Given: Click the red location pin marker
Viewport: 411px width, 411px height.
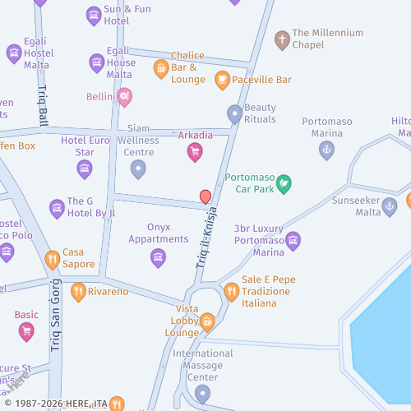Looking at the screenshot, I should (205, 196).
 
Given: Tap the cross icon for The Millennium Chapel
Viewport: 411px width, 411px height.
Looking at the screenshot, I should (282, 39).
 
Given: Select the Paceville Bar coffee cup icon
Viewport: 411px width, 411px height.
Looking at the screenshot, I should (221, 80).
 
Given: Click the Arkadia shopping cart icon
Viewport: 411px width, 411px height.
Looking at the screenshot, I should (195, 151).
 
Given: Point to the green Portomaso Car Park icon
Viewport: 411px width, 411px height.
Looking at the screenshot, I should (284, 183).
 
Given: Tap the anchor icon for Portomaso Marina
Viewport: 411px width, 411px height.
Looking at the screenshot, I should (327, 150).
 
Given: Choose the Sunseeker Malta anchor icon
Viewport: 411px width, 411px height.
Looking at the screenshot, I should (390, 207).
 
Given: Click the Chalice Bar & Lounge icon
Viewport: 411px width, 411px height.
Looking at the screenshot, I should (161, 69).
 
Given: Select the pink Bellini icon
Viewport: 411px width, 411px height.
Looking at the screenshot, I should (124, 98).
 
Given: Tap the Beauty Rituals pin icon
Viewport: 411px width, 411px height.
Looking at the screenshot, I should (235, 114).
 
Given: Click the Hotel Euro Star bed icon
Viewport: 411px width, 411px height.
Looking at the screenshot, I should (85, 169).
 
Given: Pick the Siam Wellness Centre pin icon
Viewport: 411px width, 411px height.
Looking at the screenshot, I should (138, 169).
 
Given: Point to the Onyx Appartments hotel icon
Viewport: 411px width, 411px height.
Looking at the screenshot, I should (158, 258).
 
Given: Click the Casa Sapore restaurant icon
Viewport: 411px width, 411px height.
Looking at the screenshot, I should (53, 260).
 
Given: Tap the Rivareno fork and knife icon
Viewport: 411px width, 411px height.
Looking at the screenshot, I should (78, 291).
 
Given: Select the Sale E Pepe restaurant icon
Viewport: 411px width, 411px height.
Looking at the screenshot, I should (231, 291).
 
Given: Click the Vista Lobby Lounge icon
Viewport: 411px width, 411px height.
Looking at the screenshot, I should (206, 321).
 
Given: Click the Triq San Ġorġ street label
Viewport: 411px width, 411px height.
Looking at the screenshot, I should (57, 324).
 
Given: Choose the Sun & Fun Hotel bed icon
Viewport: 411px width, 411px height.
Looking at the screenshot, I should (93, 15).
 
